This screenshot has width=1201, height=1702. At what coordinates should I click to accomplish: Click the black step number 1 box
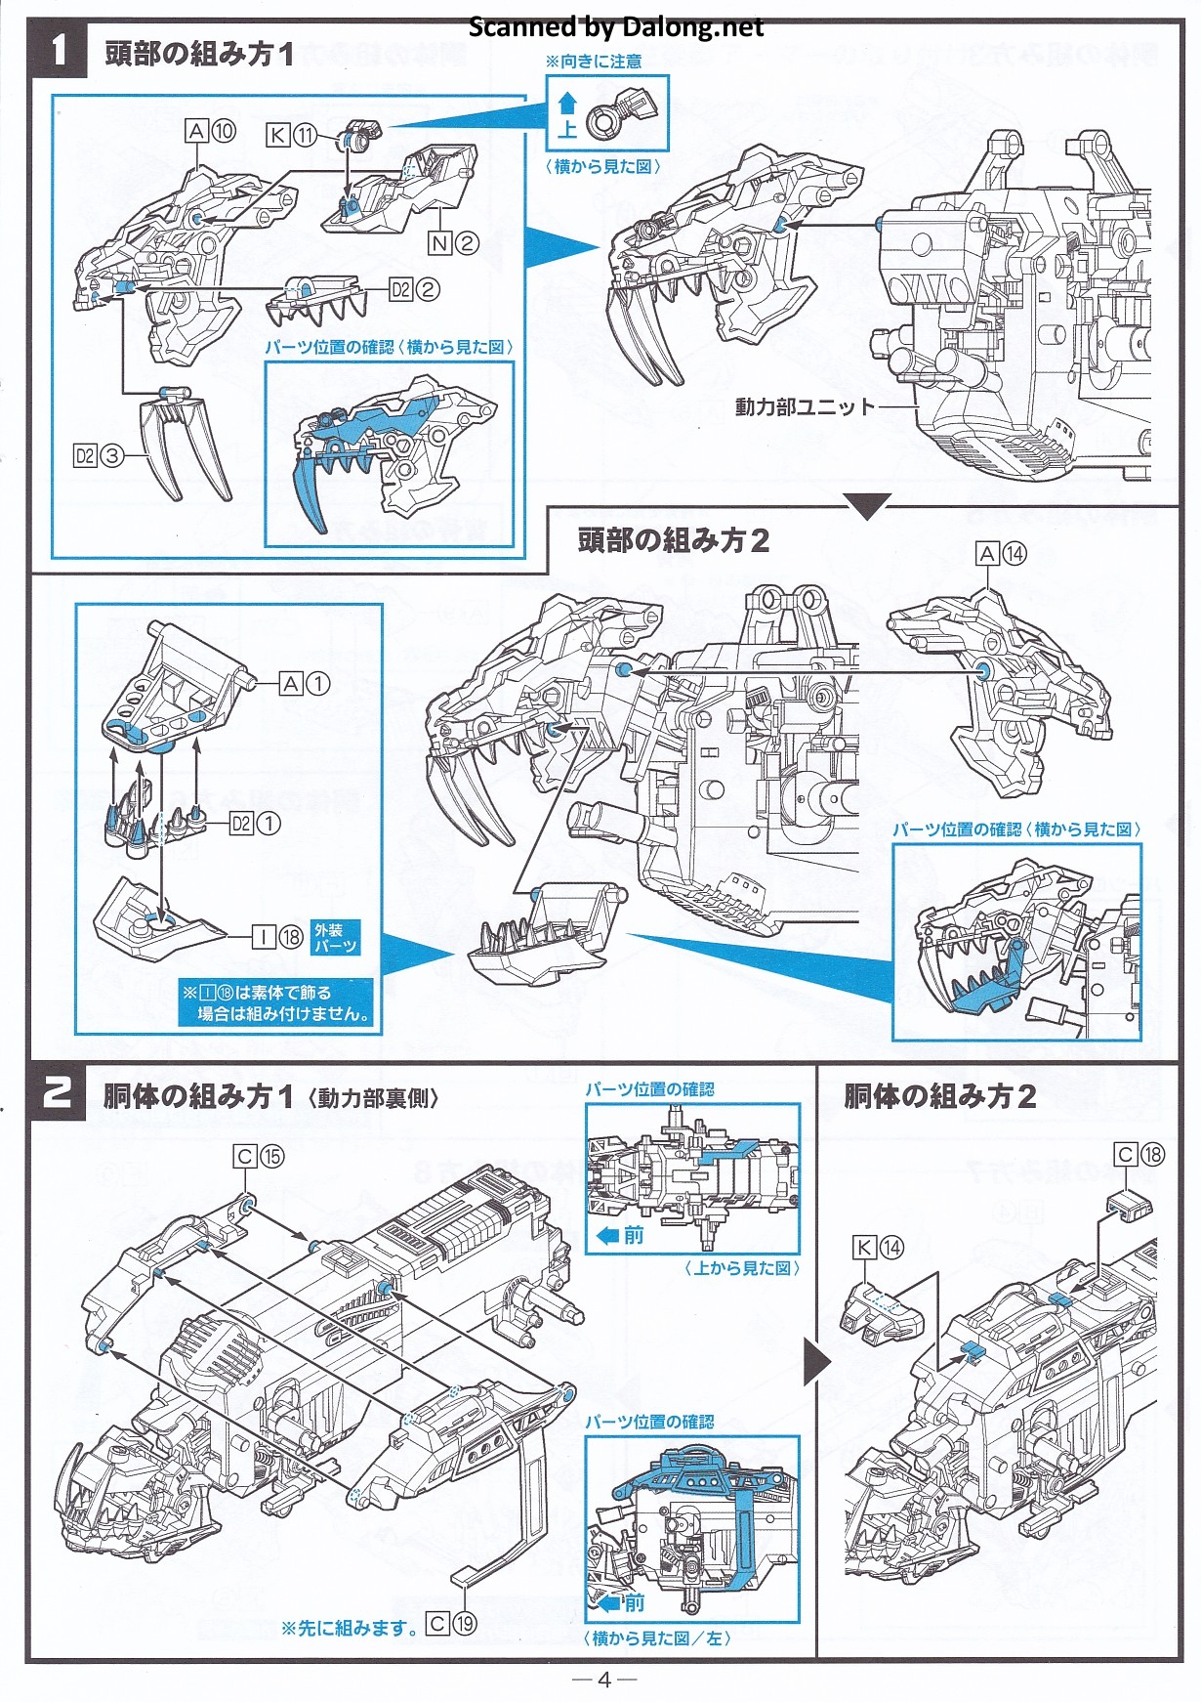pyautogui.click(x=60, y=50)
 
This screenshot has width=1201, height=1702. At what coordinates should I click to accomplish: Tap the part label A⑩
pyautogui.click(x=210, y=131)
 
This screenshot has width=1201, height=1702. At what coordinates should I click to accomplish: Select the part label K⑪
pyautogui.click(x=291, y=135)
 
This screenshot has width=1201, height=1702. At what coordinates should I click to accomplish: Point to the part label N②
pyautogui.click(x=453, y=242)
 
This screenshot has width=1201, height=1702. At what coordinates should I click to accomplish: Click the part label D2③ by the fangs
pyautogui.click(x=99, y=455)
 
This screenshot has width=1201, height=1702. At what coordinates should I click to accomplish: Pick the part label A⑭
pyautogui.click(x=1001, y=554)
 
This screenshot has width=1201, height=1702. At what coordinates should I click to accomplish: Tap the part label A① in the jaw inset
pyautogui.click(x=305, y=684)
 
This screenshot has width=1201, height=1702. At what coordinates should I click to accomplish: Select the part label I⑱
pyautogui.click(x=278, y=937)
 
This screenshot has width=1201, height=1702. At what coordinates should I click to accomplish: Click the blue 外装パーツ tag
pyautogui.click(x=335, y=938)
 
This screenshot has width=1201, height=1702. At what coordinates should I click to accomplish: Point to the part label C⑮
pyautogui.click(x=259, y=1157)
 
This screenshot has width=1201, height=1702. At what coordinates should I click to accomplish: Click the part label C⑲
pyautogui.click(x=452, y=1624)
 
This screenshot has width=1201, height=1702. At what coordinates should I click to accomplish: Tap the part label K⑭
pyautogui.click(x=878, y=1248)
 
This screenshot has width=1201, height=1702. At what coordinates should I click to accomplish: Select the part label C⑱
pyautogui.click(x=1139, y=1155)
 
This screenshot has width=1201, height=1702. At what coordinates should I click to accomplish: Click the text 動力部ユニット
pyautogui.click(x=805, y=406)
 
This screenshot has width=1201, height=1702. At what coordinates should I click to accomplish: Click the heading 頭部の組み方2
pyautogui.click(x=673, y=540)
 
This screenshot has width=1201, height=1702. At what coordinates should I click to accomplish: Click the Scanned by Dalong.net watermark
pyautogui.click(x=615, y=27)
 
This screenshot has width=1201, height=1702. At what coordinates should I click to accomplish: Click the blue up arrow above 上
pyautogui.click(x=567, y=103)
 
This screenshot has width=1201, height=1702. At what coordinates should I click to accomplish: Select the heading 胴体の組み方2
pyautogui.click(x=939, y=1096)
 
